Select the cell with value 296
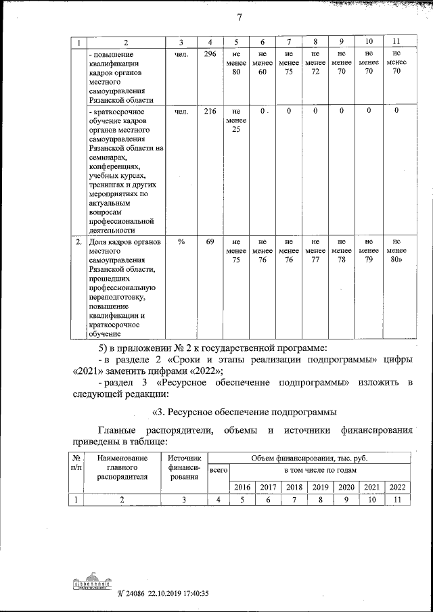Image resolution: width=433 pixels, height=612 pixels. [x=210, y=55]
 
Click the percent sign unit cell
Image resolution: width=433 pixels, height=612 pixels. [x=182, y=241]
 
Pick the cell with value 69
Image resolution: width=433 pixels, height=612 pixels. [x=210, y=241]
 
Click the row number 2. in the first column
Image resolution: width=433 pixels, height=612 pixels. [x=78, y=241]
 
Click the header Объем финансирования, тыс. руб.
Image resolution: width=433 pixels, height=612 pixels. [x=309, y=458]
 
